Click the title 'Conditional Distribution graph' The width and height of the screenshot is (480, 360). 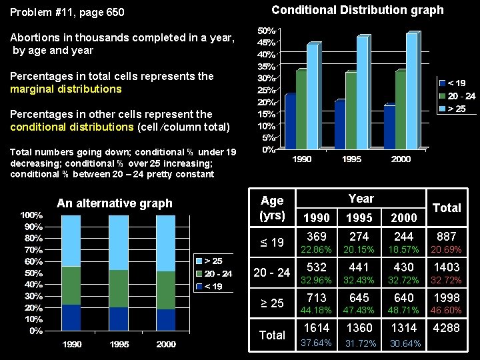click(x=357, y=10)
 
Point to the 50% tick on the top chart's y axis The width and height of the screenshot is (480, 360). click(x=268, y=31)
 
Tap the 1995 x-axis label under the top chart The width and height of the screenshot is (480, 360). click(x=353, y=159)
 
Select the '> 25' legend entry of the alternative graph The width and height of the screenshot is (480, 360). click(x=213, y=261)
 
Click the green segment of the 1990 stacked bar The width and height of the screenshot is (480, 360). click(x=71, y=285)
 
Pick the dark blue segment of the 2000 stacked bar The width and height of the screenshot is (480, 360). click(x=165, y=319)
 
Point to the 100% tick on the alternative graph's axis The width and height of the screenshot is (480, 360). click(x=31, y=215)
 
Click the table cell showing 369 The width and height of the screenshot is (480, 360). click(x=317, y=237)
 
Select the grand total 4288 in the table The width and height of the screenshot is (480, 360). click(x=446, y=328)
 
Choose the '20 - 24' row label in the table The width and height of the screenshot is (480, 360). click(x=272, y=273)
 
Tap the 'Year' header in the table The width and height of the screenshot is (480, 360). click(x=361, y=199)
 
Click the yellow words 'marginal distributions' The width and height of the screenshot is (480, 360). click(x=65, y=89)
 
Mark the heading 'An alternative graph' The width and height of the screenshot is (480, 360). click(x=115, y=203)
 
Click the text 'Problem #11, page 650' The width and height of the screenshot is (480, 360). click(x=67, y=13)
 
